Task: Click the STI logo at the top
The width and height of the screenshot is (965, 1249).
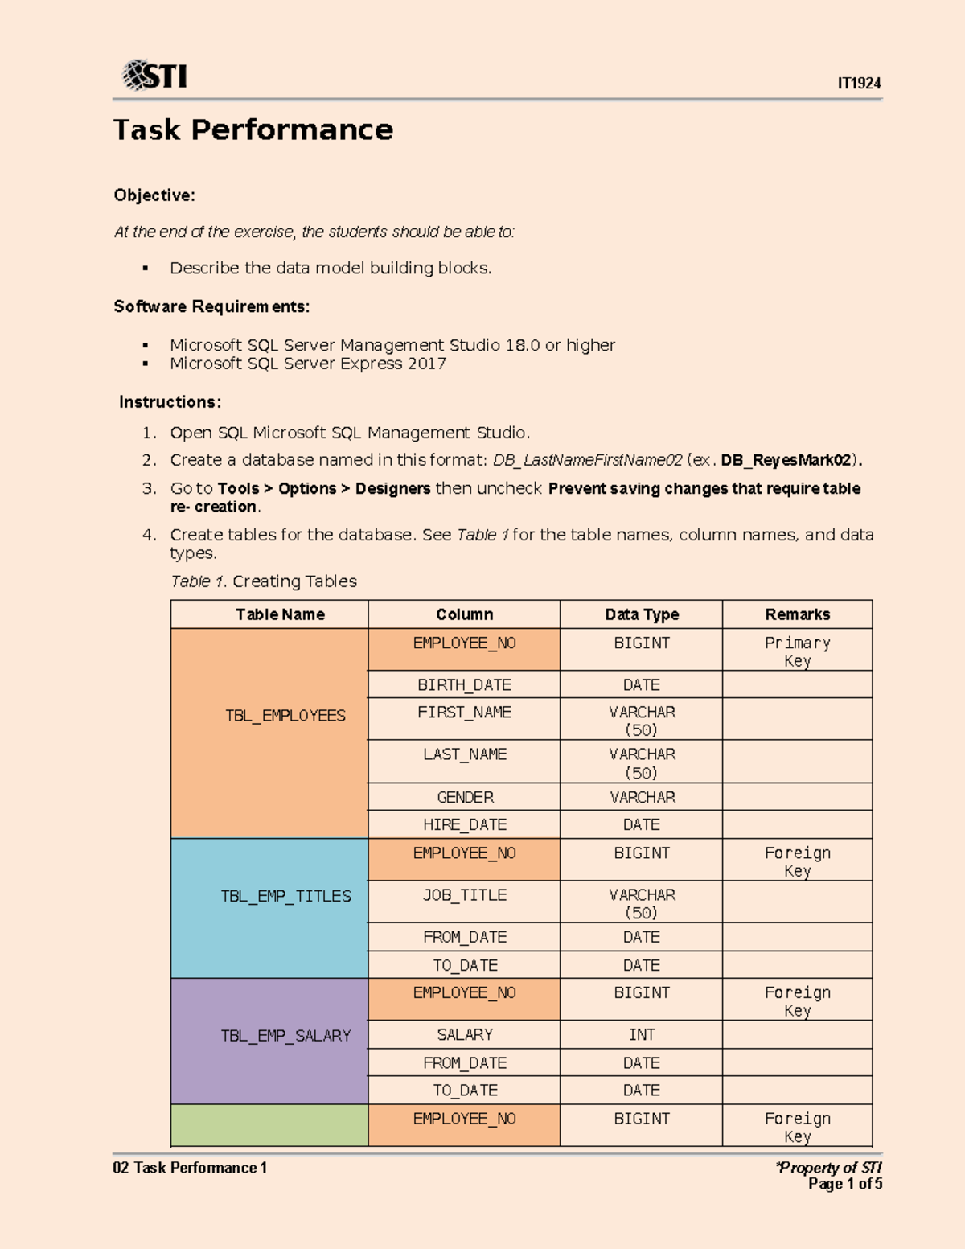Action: [154, 76]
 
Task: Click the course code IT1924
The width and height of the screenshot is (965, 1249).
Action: [859, 84]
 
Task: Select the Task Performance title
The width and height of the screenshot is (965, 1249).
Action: [253, 129]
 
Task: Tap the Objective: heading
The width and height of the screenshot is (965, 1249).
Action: [154, 195]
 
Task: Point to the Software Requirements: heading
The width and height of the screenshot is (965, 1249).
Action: [211, 306]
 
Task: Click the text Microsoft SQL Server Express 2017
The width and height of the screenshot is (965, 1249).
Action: [307, 364]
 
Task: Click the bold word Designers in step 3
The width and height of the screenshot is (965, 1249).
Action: [392, 489]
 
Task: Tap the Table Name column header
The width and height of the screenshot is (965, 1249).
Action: [280, 614]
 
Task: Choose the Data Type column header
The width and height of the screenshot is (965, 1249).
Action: [642, 614]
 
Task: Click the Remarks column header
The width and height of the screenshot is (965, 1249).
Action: [797, 614]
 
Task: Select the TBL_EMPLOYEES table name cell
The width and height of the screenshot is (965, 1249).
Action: [285, 716]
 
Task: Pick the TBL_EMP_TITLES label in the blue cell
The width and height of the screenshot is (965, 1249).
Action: [285, 896]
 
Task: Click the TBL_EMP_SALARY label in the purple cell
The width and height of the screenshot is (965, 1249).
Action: [285, 1036]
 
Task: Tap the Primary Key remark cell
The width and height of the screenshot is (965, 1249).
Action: [797, 651]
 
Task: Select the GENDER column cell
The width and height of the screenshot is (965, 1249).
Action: [465, 797]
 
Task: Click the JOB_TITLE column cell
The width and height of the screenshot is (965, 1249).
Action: [465, 895]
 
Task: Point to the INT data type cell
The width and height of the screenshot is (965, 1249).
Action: [642, 1035]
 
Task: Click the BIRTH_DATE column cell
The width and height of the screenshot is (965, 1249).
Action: [464, 685]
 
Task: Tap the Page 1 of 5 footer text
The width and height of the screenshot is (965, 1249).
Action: [844, 1184]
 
